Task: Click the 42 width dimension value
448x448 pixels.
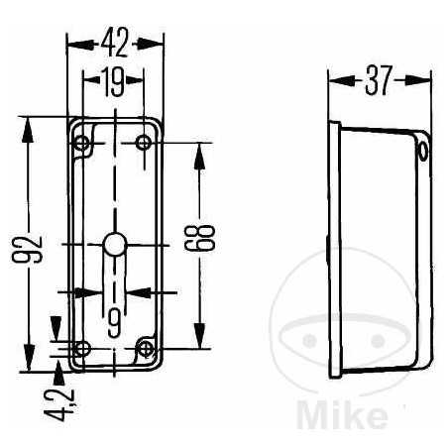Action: (115, 43)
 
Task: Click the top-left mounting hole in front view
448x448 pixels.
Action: (83, 144)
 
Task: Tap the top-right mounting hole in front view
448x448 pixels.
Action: (145, 144)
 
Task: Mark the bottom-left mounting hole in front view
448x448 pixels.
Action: (83, 348)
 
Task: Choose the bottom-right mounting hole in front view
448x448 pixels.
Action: (146, 348)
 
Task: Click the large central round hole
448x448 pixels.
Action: (114, 244)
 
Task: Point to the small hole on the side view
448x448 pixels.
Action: (422, 151)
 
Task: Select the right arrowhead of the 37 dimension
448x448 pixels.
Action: (425, 82)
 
